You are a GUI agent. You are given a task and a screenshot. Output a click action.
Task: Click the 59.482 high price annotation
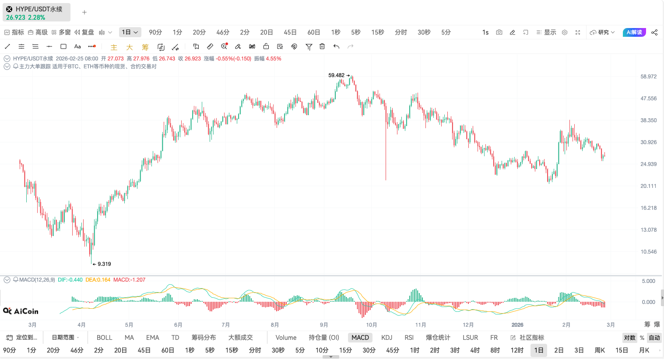(336, 75)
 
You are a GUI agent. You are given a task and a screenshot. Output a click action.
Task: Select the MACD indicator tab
(360, 338)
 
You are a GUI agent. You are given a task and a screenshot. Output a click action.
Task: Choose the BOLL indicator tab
(105, 338)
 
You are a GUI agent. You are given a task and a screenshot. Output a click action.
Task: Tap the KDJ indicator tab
(386, 338)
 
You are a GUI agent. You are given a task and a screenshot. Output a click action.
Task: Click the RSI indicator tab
(409, 338)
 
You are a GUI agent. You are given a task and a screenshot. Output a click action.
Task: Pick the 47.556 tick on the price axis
(648, 99)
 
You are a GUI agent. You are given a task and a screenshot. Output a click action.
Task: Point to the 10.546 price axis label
(648, 252)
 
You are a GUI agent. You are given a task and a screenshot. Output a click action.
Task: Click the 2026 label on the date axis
(517, 325)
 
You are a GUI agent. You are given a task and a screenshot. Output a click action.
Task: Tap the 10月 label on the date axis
(372, 325)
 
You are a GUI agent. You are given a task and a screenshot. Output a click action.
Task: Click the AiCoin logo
(21, 311)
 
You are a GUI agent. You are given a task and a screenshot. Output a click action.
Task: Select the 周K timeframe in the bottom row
(600, 350)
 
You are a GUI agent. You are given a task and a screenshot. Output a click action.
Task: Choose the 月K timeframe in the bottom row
(644, 350)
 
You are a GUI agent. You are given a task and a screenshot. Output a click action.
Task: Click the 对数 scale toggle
(629, 338)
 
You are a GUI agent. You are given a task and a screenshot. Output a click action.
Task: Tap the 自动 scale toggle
(654, 338)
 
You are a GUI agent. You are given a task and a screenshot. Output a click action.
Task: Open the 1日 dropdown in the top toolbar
(130, 32)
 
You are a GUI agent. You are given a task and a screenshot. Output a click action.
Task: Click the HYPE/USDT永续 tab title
(39, 9)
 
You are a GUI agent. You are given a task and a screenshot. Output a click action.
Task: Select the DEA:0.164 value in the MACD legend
(98, 280)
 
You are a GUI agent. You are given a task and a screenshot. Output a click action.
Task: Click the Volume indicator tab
(286, 338)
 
